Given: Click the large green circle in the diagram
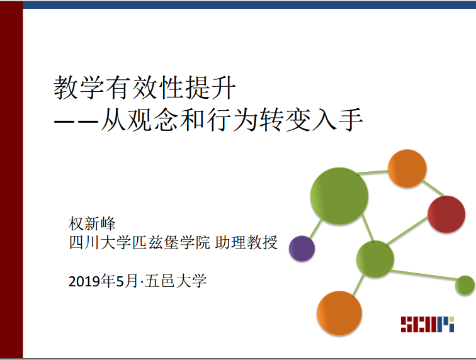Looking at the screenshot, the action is coord(339,196).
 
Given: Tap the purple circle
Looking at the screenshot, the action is coord(302,249).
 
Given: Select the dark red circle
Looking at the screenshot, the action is coord(446,214).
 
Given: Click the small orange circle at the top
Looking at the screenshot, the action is coord(407,169).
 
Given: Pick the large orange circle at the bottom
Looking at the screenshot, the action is coord(339,313).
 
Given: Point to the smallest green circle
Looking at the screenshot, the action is coord(465,285).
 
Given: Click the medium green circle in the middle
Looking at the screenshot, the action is coord(375,259).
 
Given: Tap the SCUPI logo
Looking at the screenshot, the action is coord(428,324).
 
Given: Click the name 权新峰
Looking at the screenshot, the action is coord(92,223).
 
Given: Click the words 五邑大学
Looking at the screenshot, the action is coord(176,281).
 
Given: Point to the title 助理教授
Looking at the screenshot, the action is coord(246,242).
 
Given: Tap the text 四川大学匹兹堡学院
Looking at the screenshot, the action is coord(139,242).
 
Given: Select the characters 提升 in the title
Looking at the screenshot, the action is coord(211,87).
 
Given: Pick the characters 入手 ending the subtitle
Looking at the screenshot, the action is coord(337,120).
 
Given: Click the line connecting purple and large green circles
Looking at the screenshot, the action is coord(315,228).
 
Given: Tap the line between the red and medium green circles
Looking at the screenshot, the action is coord(407,230).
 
